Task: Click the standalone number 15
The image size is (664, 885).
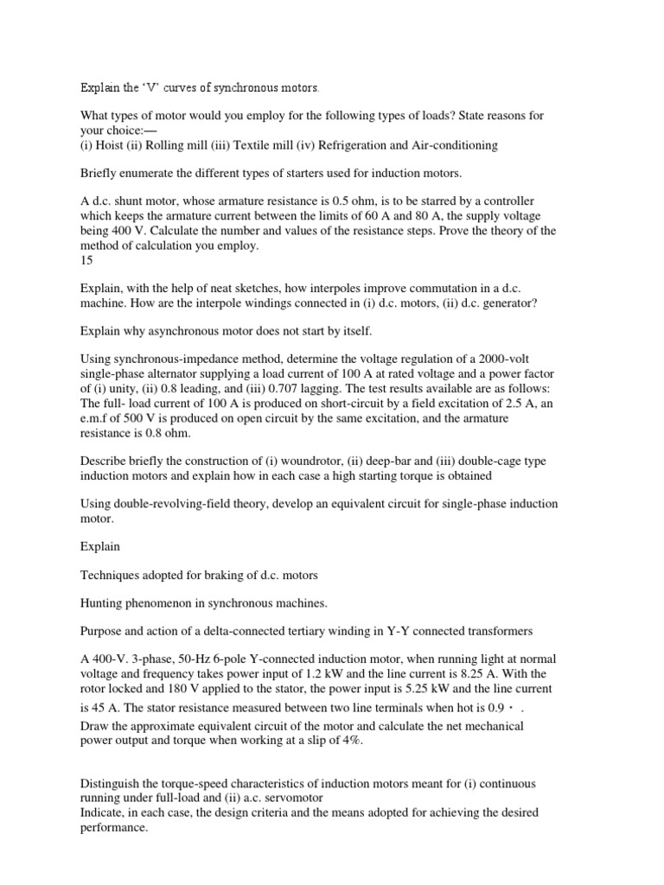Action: click(x=86, y=258)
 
